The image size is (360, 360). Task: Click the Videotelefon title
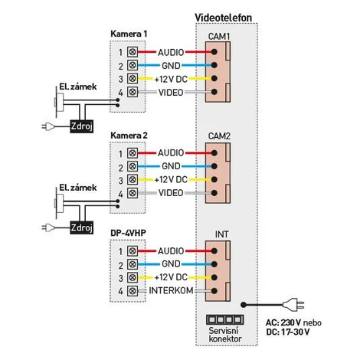point(223,18)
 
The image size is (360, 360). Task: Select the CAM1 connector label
point(219,37)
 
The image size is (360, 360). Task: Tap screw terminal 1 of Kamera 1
point(133,52)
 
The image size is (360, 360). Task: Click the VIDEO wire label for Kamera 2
point(171,193)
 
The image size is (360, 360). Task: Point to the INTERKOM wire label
point(171,290)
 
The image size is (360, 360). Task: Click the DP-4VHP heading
point(128,233)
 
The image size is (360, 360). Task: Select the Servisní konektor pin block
point(224,319)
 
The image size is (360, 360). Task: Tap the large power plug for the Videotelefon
point(293,305)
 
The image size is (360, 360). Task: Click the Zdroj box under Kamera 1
point(81,126)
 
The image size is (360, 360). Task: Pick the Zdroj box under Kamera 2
point(81,227)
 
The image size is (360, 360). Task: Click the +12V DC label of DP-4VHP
point(171,277)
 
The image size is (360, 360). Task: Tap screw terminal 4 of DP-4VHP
point(133,291)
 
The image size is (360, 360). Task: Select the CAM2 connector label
point(219,136)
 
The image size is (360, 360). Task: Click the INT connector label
point(221,234)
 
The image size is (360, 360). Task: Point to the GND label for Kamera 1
point(171,66)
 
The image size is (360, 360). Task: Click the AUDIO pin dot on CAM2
point(214,153)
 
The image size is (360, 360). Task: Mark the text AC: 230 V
point(283,322)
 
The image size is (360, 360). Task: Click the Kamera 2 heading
point(129,136)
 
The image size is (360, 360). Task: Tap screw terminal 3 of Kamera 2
point(133,179)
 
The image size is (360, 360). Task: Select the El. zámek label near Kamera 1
point(78,87)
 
